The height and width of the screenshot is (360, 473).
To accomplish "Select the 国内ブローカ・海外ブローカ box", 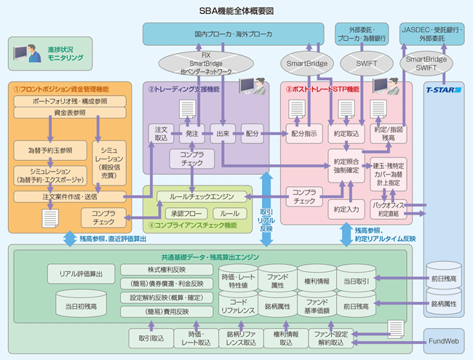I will tap(234, 33).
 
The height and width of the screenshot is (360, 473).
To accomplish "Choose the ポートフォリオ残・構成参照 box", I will tap(70, 101).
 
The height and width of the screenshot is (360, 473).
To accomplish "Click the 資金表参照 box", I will tap(70, 113).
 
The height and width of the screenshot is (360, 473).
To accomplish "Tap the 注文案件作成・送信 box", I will tap(70, 196).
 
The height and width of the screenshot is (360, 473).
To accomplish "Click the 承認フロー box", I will tap(185, 214).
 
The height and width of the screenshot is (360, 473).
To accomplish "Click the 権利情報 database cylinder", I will tap(316, 281).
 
